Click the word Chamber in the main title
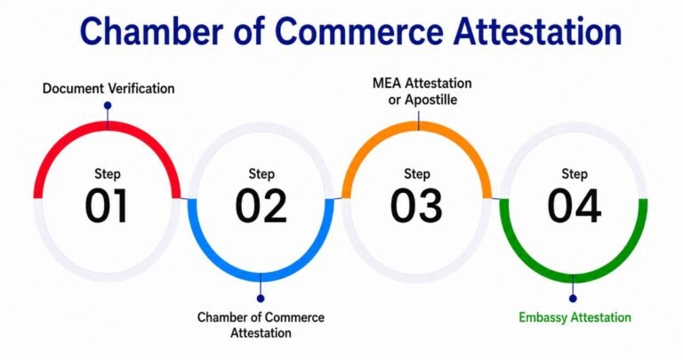(151, 31)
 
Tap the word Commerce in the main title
(359, 31)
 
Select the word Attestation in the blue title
(537, 31)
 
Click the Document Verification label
(108, 88)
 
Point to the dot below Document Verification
(108, 106)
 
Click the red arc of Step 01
(107, 126)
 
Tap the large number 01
(107, 205)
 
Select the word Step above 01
(107, 174)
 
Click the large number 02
(261, 205)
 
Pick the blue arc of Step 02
(261, 276)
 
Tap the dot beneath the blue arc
(261, 298)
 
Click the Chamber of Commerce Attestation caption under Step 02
(261, 324)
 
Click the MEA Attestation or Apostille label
(422, 92)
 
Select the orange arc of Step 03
(417, 126)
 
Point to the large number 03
(416, 205)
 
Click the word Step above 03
(417, 174)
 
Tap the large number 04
(575, 205)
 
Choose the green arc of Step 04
(574, 277)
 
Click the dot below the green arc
(573, 298)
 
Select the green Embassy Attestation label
(575, 317)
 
